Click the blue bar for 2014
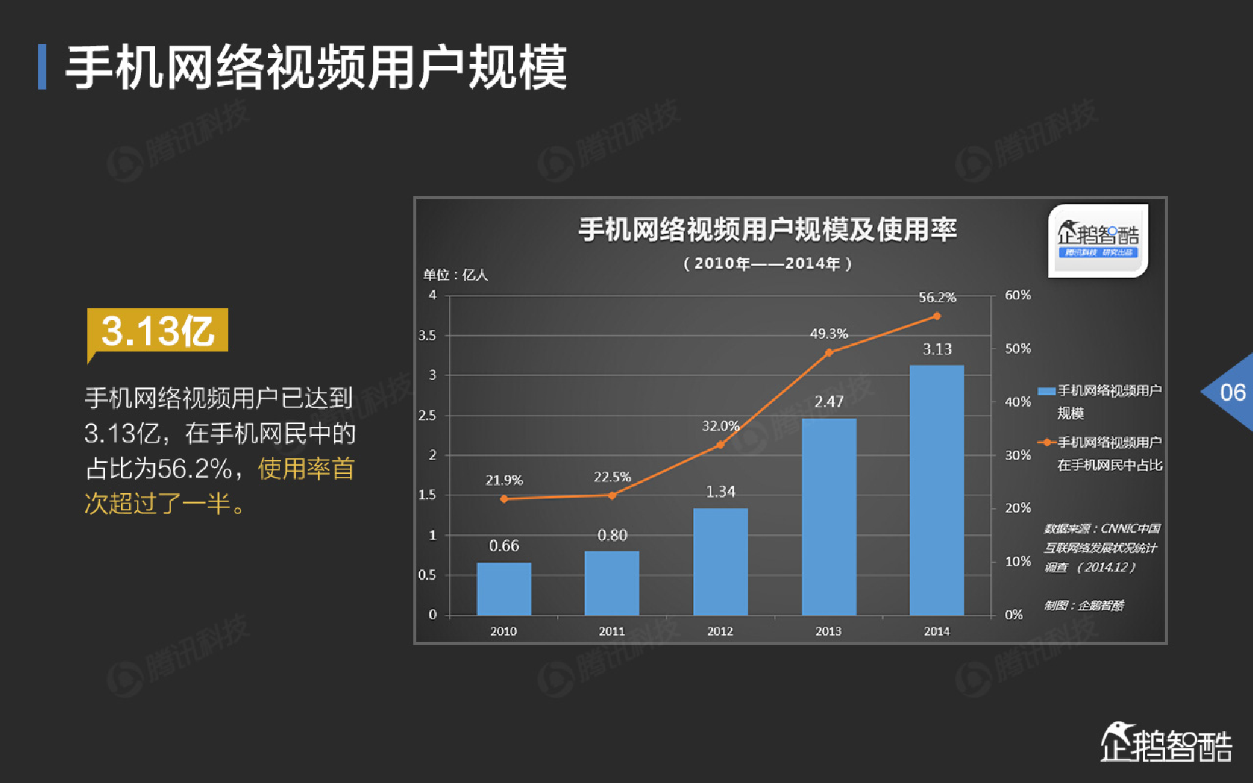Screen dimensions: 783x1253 tap(937, 489)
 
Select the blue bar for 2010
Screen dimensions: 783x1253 tap(504, 589)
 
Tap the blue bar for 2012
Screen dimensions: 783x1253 tap(720, 561)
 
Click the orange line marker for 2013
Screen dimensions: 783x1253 tap(829, 353)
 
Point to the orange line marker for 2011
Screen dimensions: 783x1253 tap(612, 496)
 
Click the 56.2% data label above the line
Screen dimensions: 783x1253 tap(937, 297)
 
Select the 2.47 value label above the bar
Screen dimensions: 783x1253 tap(829, 401)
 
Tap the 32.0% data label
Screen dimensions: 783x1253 tap(720, 426)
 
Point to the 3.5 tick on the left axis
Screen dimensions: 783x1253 tap(427, 335)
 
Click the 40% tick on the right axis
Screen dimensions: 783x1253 tap(1018, 401)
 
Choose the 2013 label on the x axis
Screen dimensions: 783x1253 tap(829, 631)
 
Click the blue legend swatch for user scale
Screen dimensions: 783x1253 tap(1046, 390)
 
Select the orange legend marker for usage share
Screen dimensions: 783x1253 tap(1046, 443)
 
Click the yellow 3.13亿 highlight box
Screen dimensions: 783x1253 tap(158, 330)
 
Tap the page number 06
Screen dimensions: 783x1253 tap(1232, 392)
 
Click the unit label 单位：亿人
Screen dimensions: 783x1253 tap(455, 275)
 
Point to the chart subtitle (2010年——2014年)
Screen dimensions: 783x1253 tap(767, 263)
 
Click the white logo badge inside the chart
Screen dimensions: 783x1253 tap(1097, 240)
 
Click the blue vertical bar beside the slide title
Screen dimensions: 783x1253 tap(43, 67)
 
